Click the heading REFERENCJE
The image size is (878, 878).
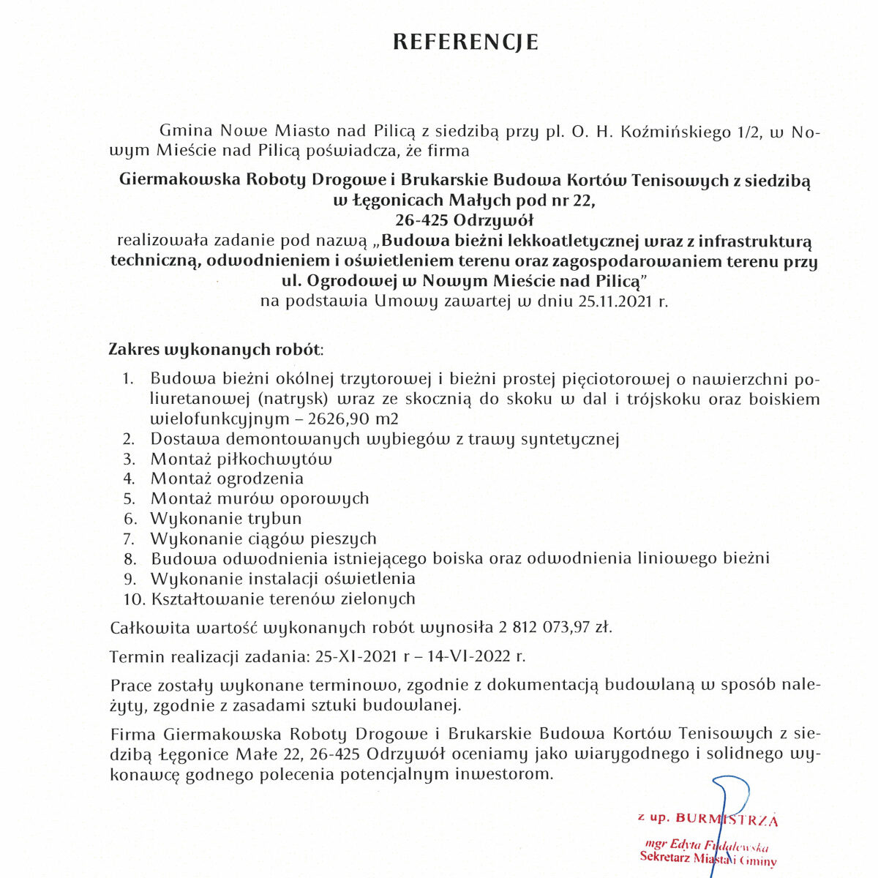465,42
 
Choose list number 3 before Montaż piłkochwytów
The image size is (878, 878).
130,459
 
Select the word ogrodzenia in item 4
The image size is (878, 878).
261,479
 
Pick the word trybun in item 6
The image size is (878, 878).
274,519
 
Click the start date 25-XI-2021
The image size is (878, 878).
356,656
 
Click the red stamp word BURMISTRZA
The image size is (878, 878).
727,819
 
